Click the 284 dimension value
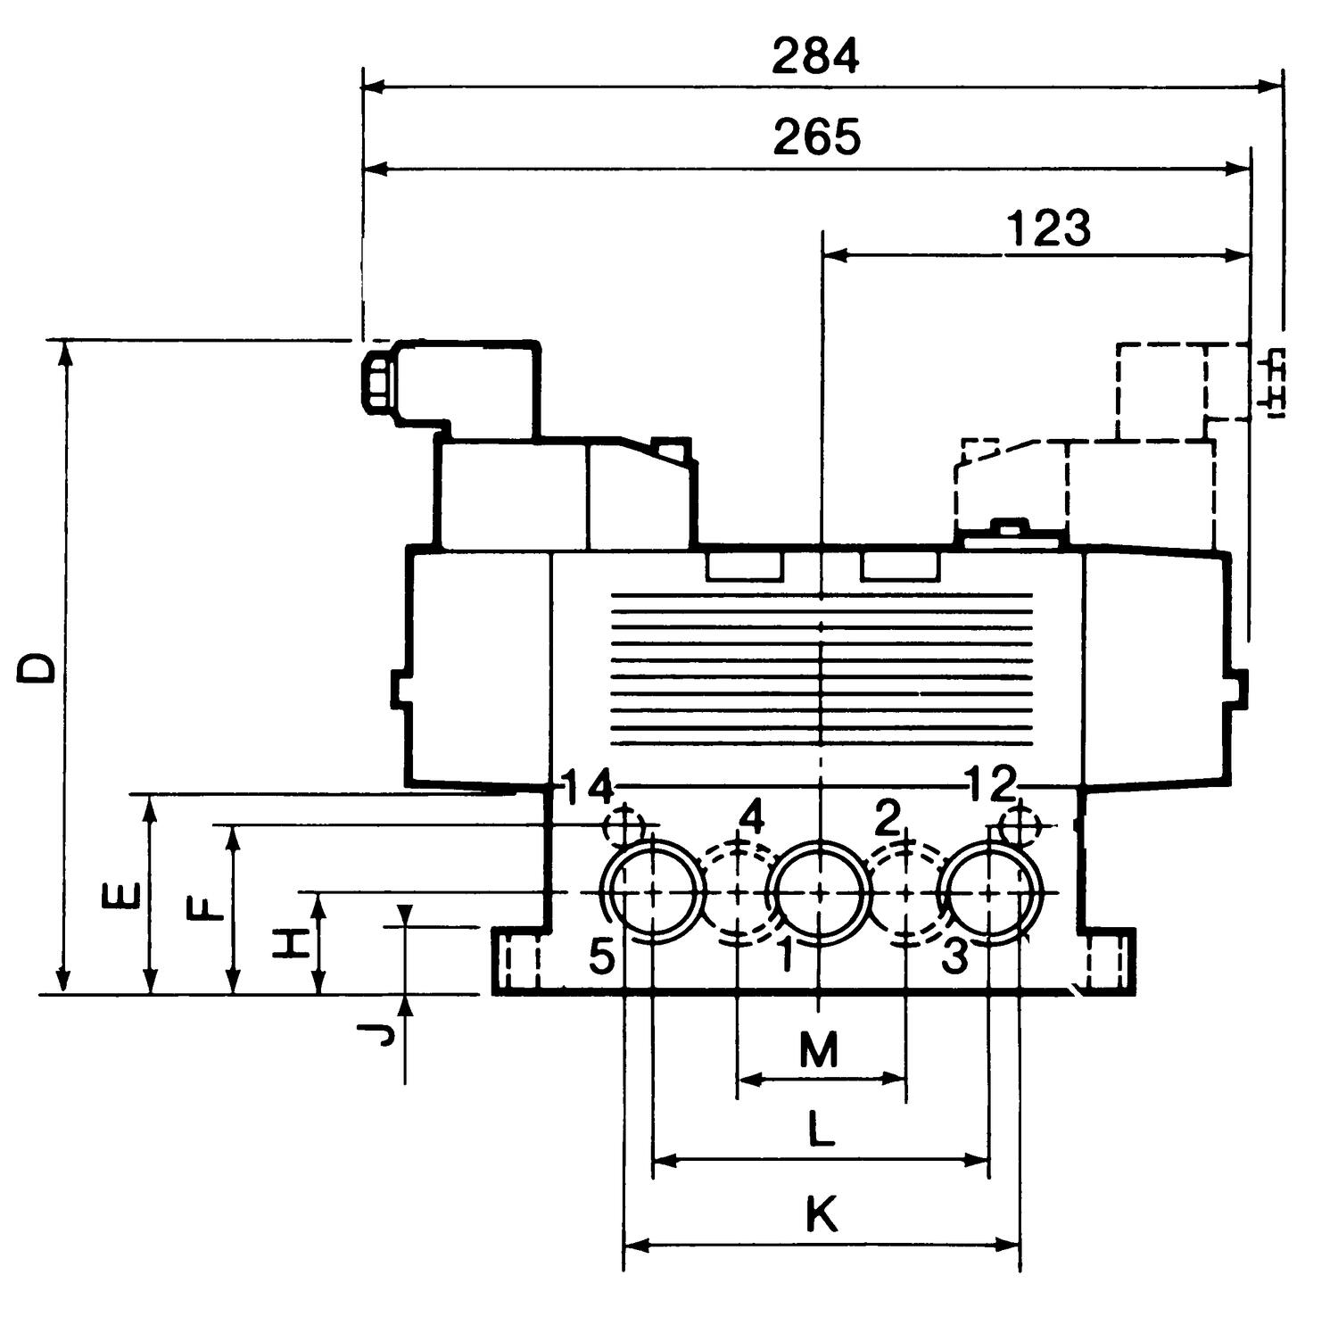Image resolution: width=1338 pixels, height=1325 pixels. [815, 57]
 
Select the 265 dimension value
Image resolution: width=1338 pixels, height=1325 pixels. [816, 137]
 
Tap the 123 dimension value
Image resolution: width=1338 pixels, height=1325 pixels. [1049, 228]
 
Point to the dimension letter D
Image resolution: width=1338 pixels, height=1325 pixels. [37, 667]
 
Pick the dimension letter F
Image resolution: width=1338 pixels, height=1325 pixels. [206, 910]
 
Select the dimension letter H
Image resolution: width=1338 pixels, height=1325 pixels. [291, 943]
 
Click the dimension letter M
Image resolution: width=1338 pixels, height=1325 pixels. [818, 1050]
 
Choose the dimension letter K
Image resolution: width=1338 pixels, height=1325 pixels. [822, 1214]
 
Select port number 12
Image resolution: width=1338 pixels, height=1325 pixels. [991, 784]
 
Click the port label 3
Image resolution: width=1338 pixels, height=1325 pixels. [954, 957]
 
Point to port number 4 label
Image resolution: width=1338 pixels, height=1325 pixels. [753, 817]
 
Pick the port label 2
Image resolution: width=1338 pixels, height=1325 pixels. [887, 817]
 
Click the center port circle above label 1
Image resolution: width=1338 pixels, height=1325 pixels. [820, 892]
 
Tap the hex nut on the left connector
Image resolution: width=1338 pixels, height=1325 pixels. [376, 381]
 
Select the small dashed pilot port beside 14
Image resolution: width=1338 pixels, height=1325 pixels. [624, 824]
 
